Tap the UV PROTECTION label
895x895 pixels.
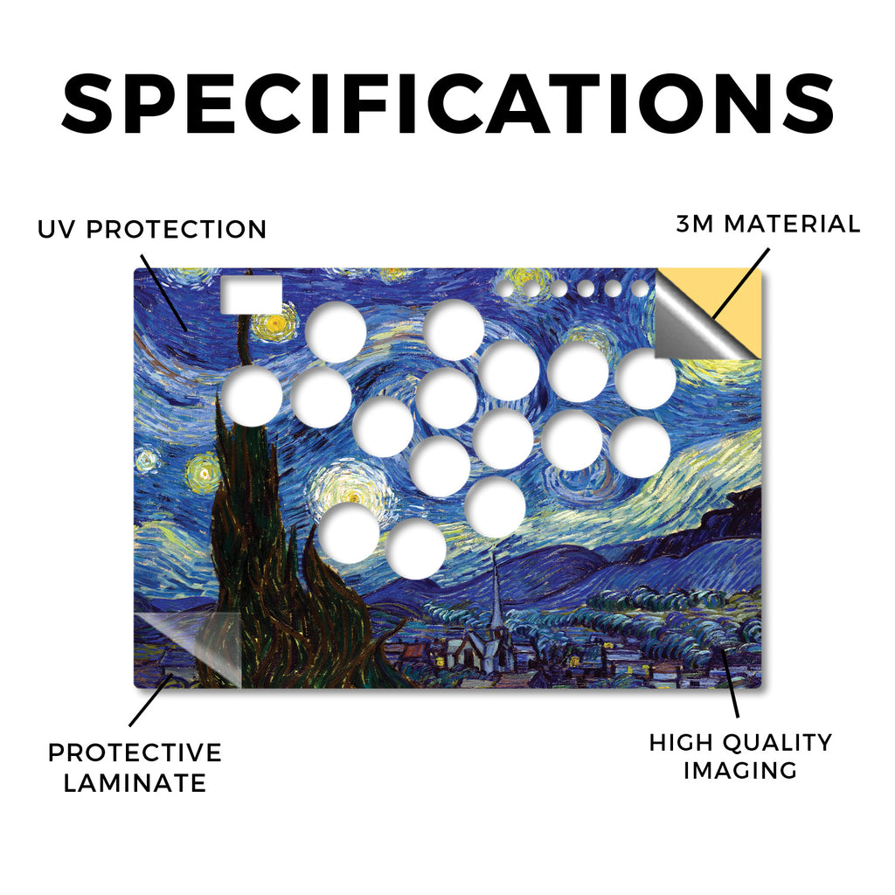(x=152, y=230)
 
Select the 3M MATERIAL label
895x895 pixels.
(x=767, y=224)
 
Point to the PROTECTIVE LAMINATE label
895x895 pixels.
(x=135, y=767)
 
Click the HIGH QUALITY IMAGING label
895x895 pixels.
(x=740, y=756)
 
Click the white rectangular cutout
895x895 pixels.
(x=251, y=295)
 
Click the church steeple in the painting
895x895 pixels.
(x=497, y=593)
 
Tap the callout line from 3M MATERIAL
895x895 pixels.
(x=741, y=283)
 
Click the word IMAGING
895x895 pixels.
(x=740, y=770)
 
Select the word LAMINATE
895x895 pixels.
(x=135, y=782)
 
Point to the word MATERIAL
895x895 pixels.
(x=792, y=224)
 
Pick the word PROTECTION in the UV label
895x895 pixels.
(x=177, y=230)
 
